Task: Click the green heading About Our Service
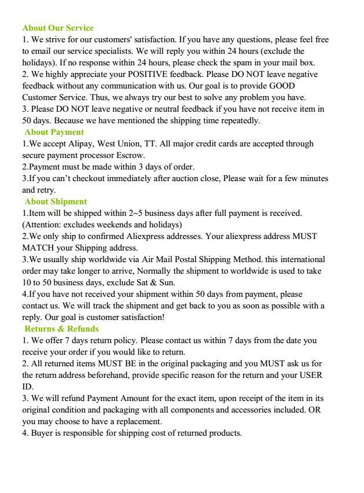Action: (58, 28)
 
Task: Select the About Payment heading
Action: (54, 132)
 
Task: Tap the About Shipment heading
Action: (56, 201)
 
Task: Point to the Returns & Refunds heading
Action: (61, 329)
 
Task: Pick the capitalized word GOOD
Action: (282, 86)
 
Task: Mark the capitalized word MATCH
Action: (38, 248)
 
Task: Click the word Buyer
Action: (42, 433)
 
